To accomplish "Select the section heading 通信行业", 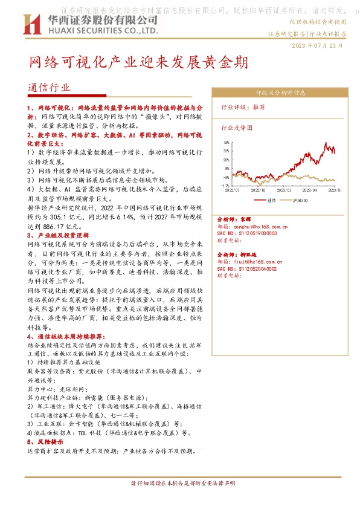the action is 49,88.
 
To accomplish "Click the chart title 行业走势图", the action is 237,128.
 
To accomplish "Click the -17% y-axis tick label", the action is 224,186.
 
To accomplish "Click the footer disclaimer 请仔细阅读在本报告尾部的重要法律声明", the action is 183,484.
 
